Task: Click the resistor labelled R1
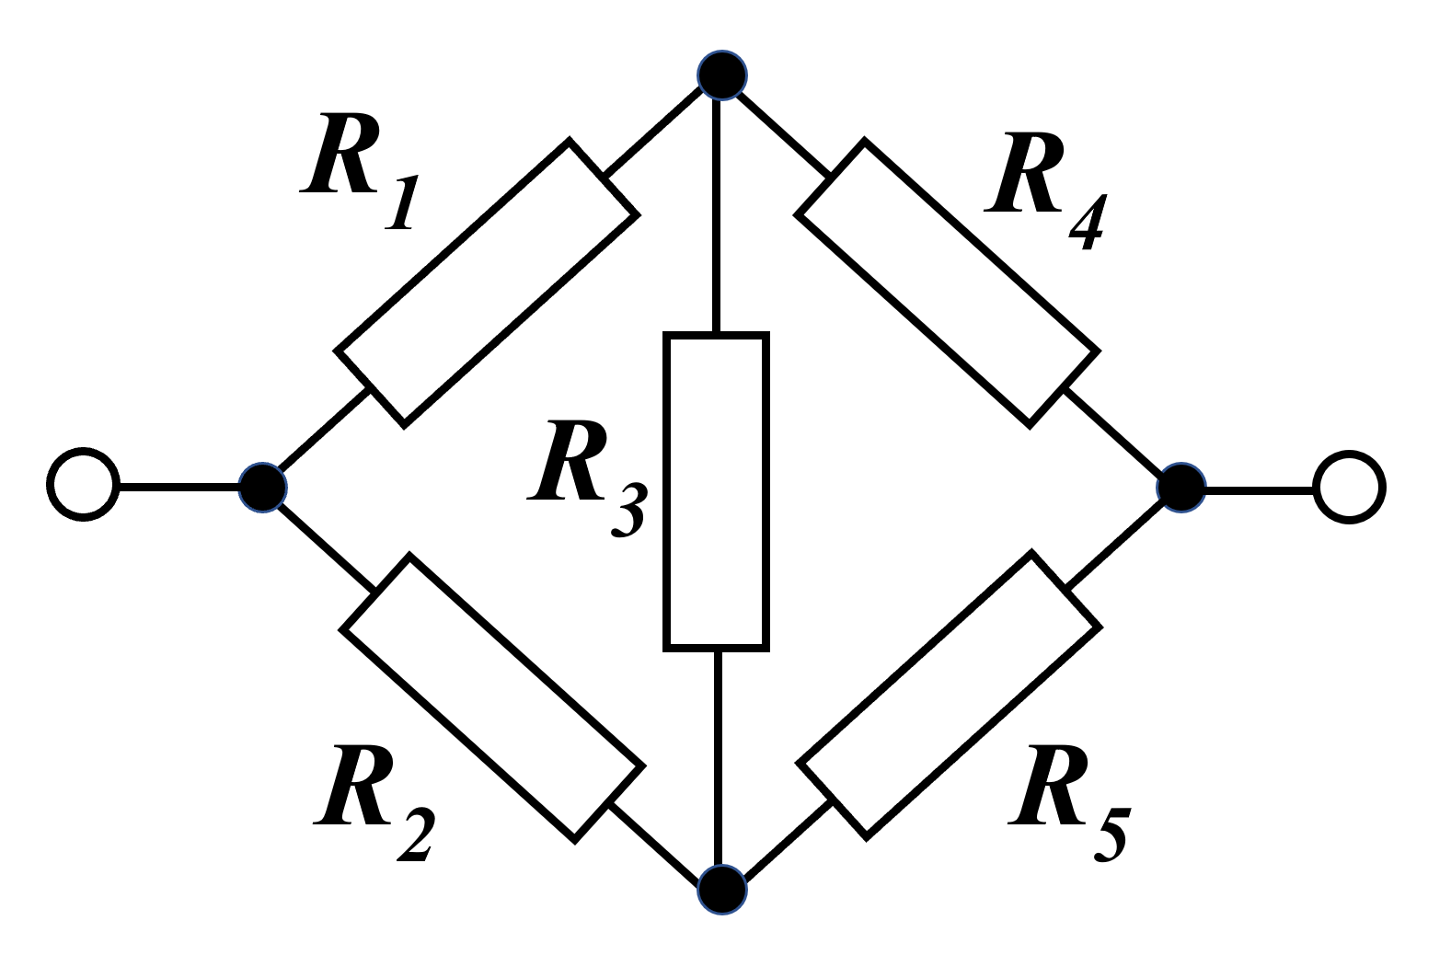(486, 283)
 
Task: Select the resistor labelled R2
(492, 697)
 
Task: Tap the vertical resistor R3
(716, 491)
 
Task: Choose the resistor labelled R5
(949, 695)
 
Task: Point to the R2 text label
(373, 800)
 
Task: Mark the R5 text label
(1068, 800)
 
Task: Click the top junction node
(721, 75)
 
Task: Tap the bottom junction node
(721, 890)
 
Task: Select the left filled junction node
(262, 487)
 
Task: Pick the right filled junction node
(1180, 488)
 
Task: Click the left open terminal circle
(83, 485)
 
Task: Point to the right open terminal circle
(1349, 488)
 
